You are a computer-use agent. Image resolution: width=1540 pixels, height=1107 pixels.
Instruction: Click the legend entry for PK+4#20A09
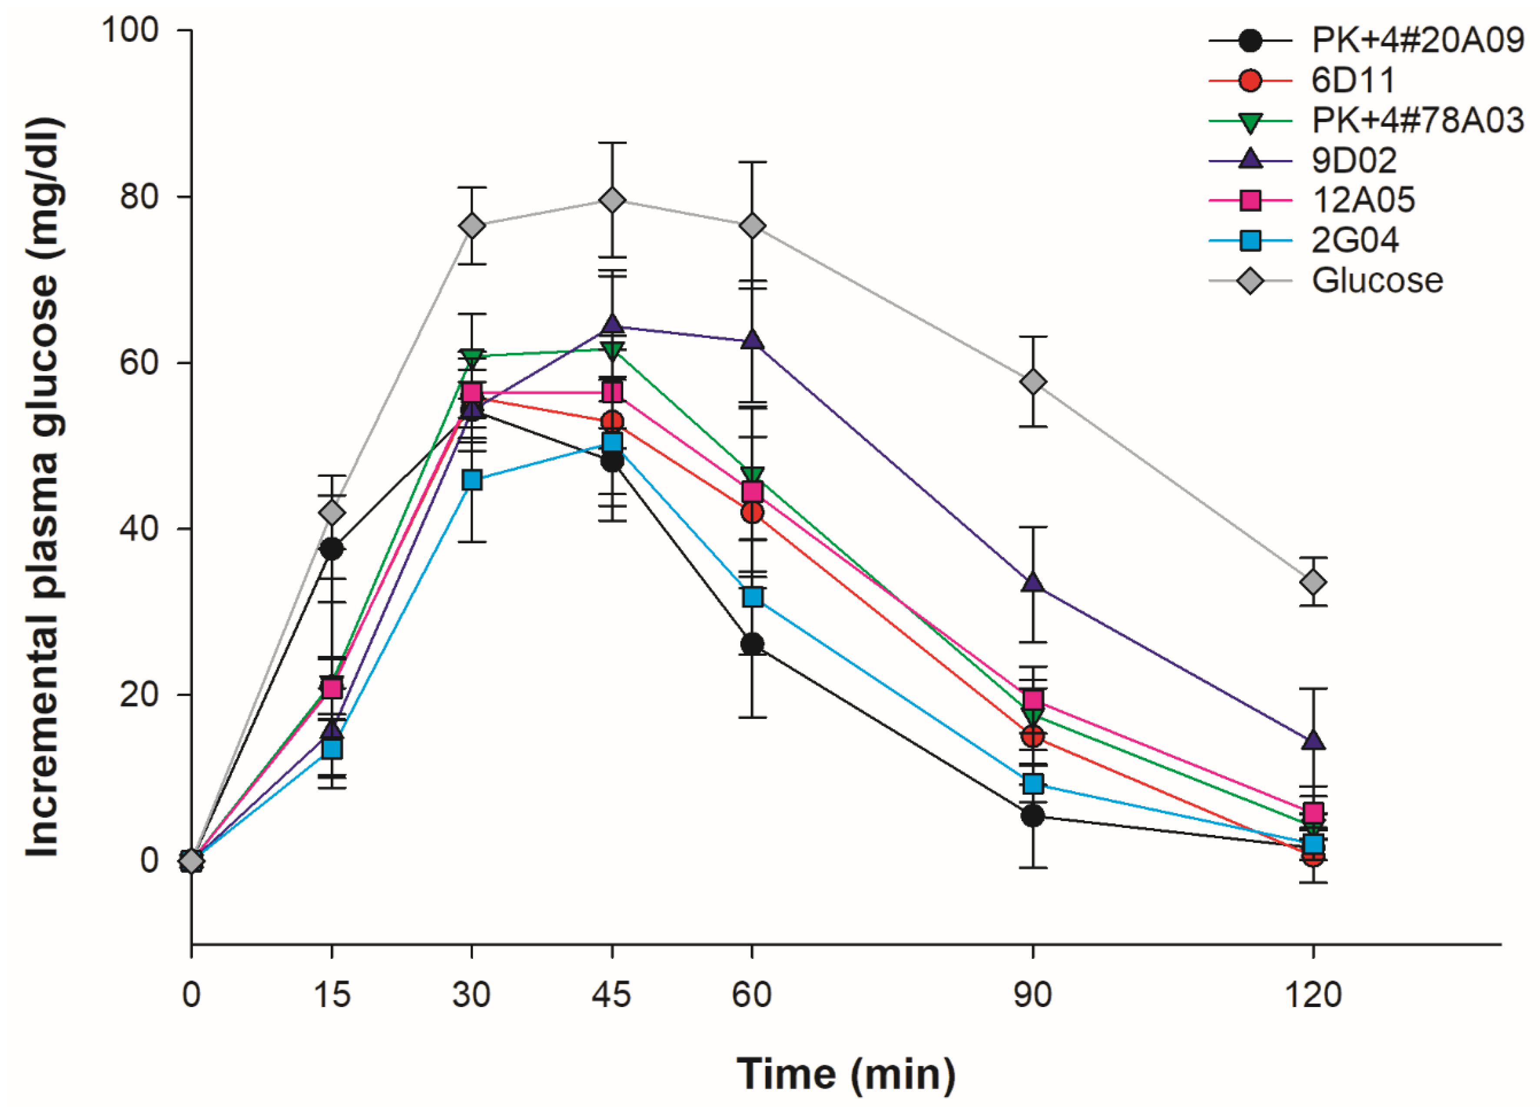tap(1417, 41)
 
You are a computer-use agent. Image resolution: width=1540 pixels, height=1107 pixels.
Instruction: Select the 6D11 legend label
tap(1353, 81)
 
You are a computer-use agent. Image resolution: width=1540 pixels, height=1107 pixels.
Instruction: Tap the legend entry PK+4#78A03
tap(1417, 121)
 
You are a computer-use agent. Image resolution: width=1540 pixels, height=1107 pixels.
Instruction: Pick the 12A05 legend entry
tap(1363, 200)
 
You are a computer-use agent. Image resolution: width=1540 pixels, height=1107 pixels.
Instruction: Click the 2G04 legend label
tap(1354, 240)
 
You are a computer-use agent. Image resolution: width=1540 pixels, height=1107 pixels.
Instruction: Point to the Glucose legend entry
tap(1376, 280)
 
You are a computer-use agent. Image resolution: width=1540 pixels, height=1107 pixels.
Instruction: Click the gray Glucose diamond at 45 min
tap(612, 200)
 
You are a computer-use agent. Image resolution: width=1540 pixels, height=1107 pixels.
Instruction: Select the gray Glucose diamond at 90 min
tap(1033, 382)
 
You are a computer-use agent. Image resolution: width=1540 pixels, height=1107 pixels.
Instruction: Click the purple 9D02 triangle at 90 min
tap(1033, 583)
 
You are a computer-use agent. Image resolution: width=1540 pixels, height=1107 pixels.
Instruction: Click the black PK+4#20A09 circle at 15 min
tap(332, 549)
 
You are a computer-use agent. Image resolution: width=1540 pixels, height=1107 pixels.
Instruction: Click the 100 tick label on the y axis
tap(129, 30)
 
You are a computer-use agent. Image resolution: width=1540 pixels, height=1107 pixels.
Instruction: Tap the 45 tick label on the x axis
tap(612, 995)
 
